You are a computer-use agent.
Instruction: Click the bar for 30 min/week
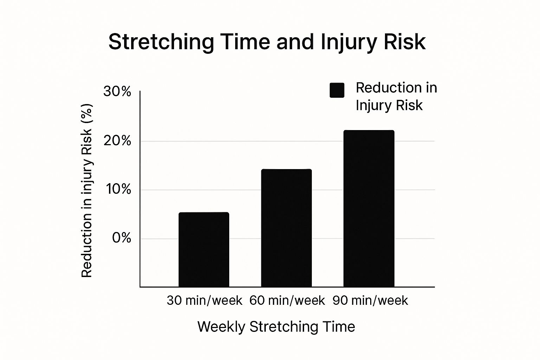204,250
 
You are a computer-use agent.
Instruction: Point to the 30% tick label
117,92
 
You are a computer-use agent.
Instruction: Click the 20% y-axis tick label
117,141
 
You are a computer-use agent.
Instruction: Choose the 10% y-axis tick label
118,189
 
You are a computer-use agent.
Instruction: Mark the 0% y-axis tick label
121,238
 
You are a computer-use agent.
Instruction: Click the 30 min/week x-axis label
204,301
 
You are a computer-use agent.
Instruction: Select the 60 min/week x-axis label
287,301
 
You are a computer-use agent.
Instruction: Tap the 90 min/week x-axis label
370,301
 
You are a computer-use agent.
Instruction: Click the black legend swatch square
337,90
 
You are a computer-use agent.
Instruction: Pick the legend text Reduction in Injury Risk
396,96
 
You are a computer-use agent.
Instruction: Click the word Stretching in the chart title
161,42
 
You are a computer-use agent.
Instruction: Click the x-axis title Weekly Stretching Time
276,327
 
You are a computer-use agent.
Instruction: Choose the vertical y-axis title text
86,190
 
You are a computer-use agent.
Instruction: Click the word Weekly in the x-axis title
221,327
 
